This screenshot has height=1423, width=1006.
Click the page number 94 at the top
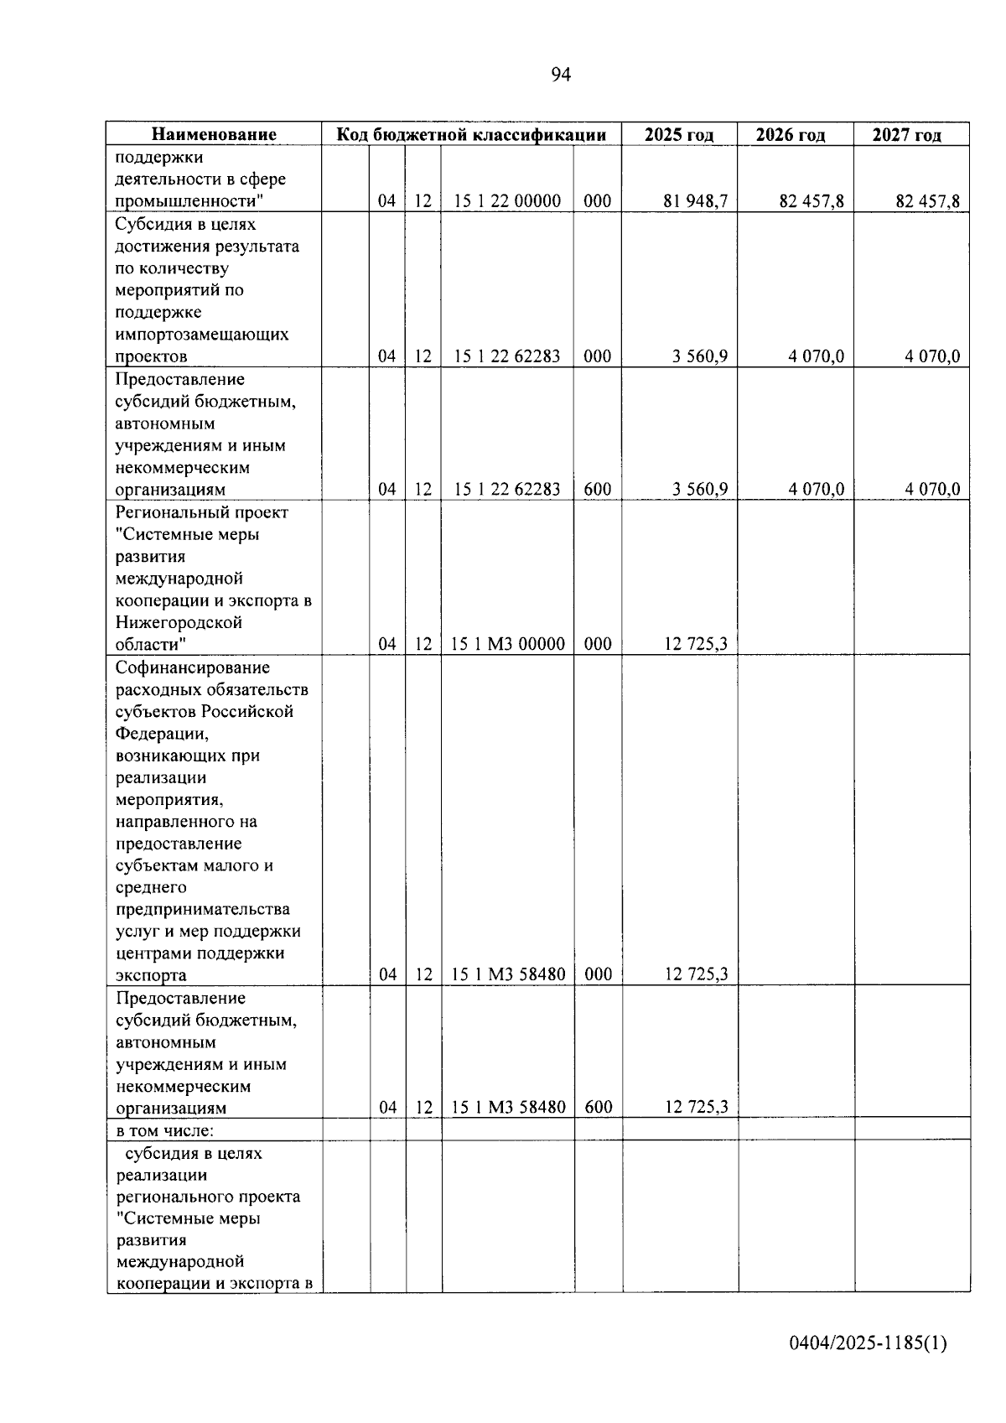click(561, 75)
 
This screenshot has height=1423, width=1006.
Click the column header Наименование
click(214, 135)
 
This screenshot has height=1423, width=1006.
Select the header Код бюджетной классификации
click(471, 135)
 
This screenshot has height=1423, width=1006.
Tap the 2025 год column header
click(679, 135)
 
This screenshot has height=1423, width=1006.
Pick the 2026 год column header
click(795, 135)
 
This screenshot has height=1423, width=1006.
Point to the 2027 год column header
click(911, 135)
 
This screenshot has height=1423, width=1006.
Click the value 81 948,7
click(696, 201)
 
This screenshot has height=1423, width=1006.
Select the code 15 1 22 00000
click(507, 201)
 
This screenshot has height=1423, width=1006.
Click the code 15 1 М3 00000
click(508, 644)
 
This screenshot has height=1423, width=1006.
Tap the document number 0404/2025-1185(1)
click(868, 1343)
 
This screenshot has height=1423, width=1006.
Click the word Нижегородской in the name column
click(179, 622)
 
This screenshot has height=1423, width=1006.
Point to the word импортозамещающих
click(202, 334)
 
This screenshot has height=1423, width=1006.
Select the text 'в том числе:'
click(165, 1130)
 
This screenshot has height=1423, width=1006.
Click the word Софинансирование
click(193, 667)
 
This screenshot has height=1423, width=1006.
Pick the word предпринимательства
click(203, 909)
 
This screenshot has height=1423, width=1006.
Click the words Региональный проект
click(201, 512)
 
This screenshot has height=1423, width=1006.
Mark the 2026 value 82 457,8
click(812, 201)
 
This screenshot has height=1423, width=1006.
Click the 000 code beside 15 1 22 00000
click(598, 201)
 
